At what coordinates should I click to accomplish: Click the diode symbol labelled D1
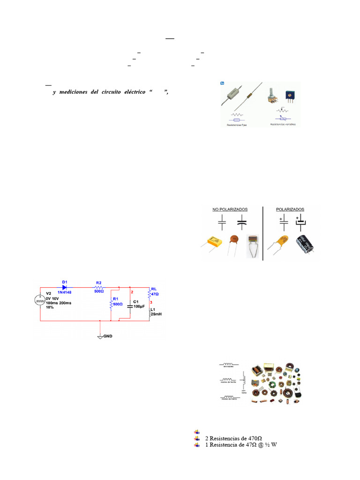(x=64, y=287)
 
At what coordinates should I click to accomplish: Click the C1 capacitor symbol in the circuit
(x=130, y=305)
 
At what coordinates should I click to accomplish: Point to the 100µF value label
(x=139, y=306)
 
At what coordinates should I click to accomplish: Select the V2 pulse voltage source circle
(x=41, y=300)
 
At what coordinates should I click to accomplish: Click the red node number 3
(x=151, y=302)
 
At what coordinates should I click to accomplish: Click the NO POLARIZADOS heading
(x=230, y=209)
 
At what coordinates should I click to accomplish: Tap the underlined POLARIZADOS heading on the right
(x=290, y=209)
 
